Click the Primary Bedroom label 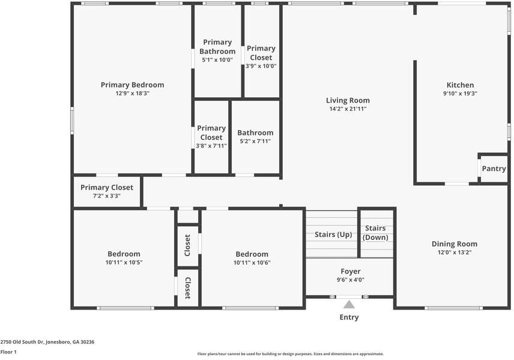pos(132,85)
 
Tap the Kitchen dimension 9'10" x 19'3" pos(460,94)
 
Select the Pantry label pos(494,169)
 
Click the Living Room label pos(348,100)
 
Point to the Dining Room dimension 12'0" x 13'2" pos(455,253)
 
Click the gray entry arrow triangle pos(349,305)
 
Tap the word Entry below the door pos(349,317)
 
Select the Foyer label pos(350,271)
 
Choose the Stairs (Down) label pos(375,232)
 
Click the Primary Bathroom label pos(217,47)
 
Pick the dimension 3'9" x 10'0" pos(261,66)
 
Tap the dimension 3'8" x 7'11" pos(211,145)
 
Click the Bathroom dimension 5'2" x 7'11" pos(255,141)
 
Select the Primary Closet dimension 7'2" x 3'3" pos(106,196)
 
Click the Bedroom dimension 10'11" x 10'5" pos(124,262)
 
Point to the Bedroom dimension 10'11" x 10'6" pos(252,262)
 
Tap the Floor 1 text pos(8,352)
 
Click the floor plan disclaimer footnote pos(291,353)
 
